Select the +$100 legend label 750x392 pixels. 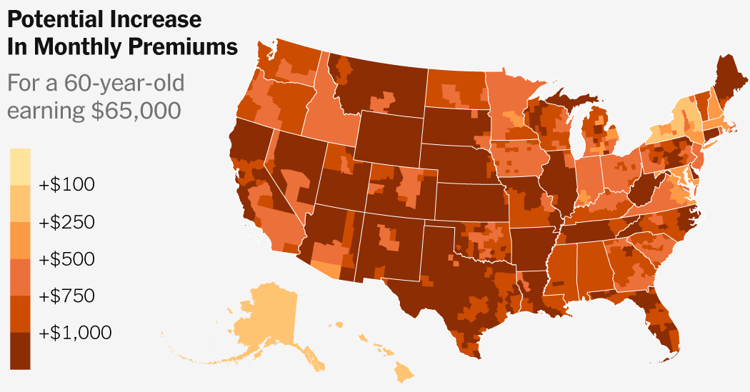click(x=66, y=185)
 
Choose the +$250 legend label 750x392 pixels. click(x=66, y=222)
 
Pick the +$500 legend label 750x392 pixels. click(x=66, y=258)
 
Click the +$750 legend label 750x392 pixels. click(x=66, y=296)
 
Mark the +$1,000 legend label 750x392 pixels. click(x=75, y=333)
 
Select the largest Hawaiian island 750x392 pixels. click(x=404, y=371)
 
